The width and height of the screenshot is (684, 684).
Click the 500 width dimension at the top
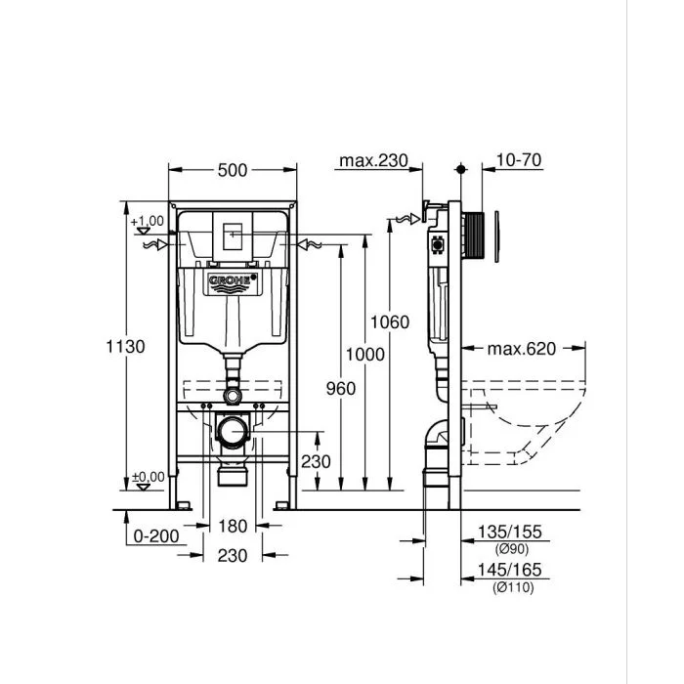[232, 170]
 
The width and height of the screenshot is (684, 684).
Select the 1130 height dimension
[127, 346]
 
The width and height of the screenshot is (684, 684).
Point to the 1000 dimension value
[367, 355]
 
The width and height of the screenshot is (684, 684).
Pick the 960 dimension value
[340, 388]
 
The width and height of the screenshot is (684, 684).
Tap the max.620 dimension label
[523, 349]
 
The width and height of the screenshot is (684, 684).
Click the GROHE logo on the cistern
[232, 282]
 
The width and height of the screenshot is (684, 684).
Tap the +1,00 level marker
[149, 221]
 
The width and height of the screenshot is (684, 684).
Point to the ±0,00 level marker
[149, 477]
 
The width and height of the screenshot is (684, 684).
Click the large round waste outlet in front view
[232, 430]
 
